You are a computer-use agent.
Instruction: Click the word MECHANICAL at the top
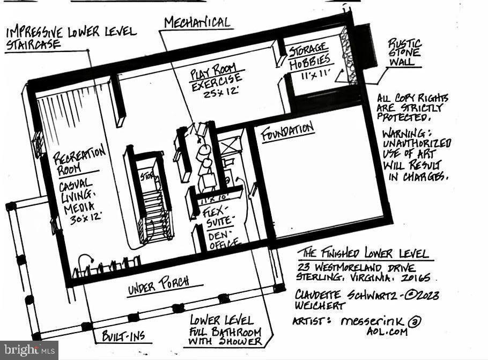[x=197, y=22]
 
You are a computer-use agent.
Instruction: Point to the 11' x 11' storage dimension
[x=316, y=76]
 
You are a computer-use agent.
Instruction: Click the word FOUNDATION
[x=287, y=131]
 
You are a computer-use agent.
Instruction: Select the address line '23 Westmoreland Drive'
[x=354, y=267]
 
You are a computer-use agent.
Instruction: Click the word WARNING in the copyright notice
[x=403, y=132]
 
